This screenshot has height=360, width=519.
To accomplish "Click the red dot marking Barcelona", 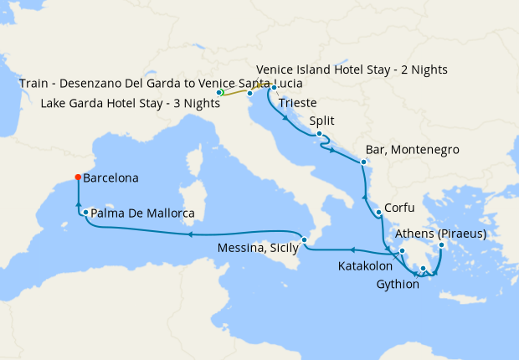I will tap(77, 177).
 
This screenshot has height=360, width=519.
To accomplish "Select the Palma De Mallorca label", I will tap(142, 213).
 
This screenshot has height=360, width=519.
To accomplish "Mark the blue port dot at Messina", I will tap(305, 240).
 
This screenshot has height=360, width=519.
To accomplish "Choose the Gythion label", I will tap(392, 284).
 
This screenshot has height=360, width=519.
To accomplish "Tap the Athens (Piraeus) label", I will tap(441, 234).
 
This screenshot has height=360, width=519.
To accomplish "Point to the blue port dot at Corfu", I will tap(378, 212).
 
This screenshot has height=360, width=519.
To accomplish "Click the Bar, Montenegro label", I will tap(412, 150).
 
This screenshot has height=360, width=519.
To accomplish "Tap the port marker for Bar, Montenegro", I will tap(362, 162).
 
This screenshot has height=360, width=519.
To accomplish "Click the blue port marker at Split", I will tap(320, 133).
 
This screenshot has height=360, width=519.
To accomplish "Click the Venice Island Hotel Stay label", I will tap(352, 69).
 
